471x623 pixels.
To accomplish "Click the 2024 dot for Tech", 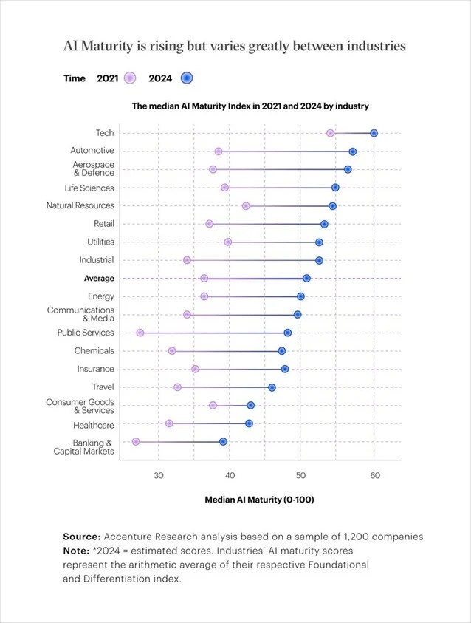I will (x=374, y=133).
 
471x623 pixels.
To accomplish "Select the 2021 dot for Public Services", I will (x=140, y=333).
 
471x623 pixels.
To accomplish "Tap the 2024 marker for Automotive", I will (x=353, y=152).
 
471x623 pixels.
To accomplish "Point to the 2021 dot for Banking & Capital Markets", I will (x=136, y=441).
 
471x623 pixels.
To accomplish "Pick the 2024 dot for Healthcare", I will (x=249, y=423).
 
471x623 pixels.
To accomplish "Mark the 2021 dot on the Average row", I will (x=204, y=279).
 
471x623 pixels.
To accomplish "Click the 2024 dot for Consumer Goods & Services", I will (x=251, y=405).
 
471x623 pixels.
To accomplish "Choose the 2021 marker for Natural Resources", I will (x=246, y=205).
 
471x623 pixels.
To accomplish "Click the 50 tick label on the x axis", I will (x=300, y=475).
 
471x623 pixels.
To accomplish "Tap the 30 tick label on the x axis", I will (x=159, y=475).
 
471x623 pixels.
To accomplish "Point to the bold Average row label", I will (x=99, y=279).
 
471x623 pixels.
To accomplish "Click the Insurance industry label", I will (x=95, y=369).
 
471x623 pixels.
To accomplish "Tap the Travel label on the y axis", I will (x=103, y=387).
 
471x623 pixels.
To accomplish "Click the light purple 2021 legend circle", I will (x=130, y=78).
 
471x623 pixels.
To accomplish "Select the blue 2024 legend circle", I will (x=187, y=78).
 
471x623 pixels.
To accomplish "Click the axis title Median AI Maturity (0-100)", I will (x=259, y=500).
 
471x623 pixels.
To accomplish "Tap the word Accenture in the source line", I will (x=131, y=537).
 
